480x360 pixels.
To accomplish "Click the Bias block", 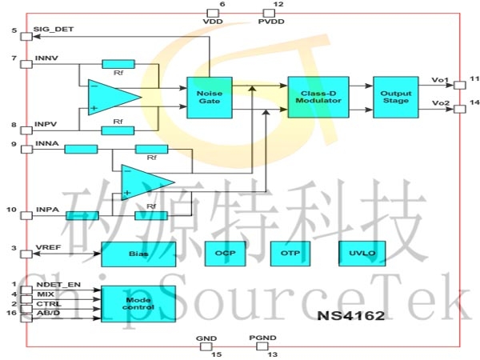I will click(x=134, y=254).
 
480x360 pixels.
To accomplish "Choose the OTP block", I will click(x=289, y=254).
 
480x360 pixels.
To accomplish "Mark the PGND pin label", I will click(x=262, y=338).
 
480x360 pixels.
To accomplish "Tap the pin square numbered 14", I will click(x=459, y=110).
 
